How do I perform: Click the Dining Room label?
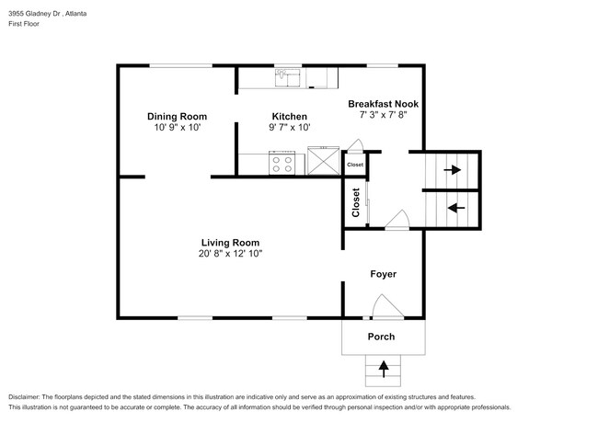tap(177, 117)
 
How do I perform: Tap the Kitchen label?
tap(282, 117)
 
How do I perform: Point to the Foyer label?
tap(383, 274)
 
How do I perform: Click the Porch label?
tap(382, 337)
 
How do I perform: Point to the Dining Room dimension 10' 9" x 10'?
tap(177, 129)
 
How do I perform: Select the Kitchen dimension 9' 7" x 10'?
tap(282, 129)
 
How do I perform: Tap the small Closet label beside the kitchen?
tap(354, 165)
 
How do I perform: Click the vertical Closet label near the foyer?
tap(355, 204)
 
